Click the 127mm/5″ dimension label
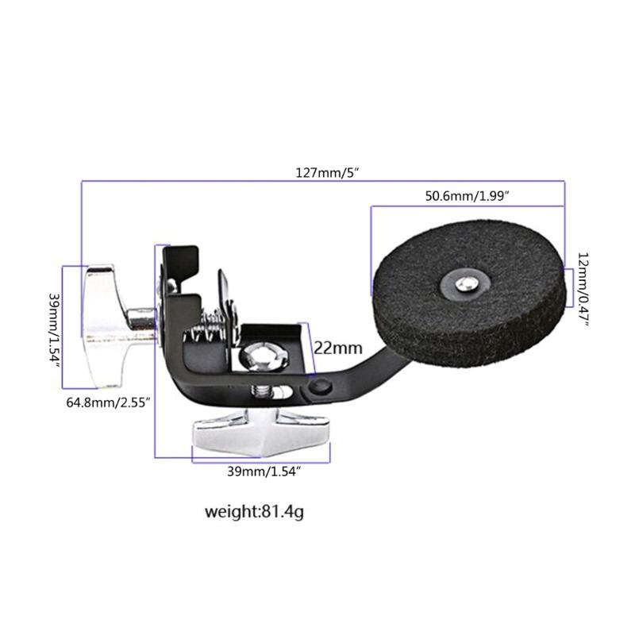pyautogui.click(x=326, y=173)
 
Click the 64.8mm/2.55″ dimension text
pyautogui.click(x=109, y=403)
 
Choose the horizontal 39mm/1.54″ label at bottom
pyautogui.click(x=264, y=471)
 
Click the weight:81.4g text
pyautogui.click(x=254, y=511)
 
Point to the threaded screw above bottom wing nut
pyautogui.click(x=261, y=394)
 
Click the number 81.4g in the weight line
pyautogui.click(x=282, y=511)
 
